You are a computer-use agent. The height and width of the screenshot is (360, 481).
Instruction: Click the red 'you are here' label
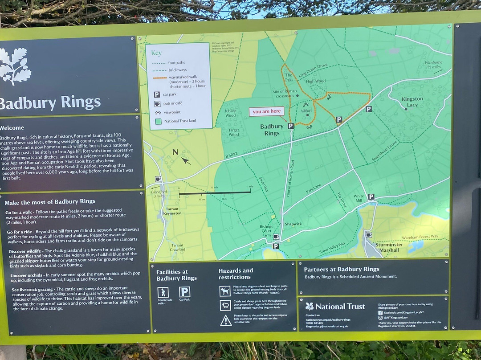[x=266, y=111]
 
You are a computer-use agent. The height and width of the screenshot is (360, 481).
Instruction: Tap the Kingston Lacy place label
[x=412, y=102]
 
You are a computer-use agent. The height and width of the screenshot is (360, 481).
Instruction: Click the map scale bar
[x=215, y=192]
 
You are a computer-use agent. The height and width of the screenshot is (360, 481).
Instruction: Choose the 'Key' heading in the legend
[x=156, y=53]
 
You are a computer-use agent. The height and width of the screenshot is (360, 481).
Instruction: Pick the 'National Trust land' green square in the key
[x=157, y=121]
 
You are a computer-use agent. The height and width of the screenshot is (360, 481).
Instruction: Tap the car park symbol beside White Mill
[x=371, y=196]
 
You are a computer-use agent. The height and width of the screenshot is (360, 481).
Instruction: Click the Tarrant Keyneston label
[x=172, y=211]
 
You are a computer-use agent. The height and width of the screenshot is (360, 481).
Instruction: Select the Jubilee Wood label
[x=230, y=113]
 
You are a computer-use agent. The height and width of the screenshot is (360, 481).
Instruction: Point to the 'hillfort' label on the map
[x=306, y=110]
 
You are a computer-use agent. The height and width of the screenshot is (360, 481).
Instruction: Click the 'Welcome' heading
[x=12, y=128]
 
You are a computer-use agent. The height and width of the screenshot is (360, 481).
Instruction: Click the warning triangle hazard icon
[x=226, y=320]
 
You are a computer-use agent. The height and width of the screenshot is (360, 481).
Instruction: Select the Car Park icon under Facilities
[x=184, y=292]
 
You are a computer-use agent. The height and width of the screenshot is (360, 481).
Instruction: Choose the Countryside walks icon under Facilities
[x=163, y=292]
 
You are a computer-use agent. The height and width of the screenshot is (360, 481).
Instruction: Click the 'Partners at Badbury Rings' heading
[x=342, y=269]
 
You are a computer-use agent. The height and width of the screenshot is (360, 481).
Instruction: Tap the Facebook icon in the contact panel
[x=380, y=312]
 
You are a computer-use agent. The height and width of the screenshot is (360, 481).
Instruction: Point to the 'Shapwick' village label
[x=293, y=224]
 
